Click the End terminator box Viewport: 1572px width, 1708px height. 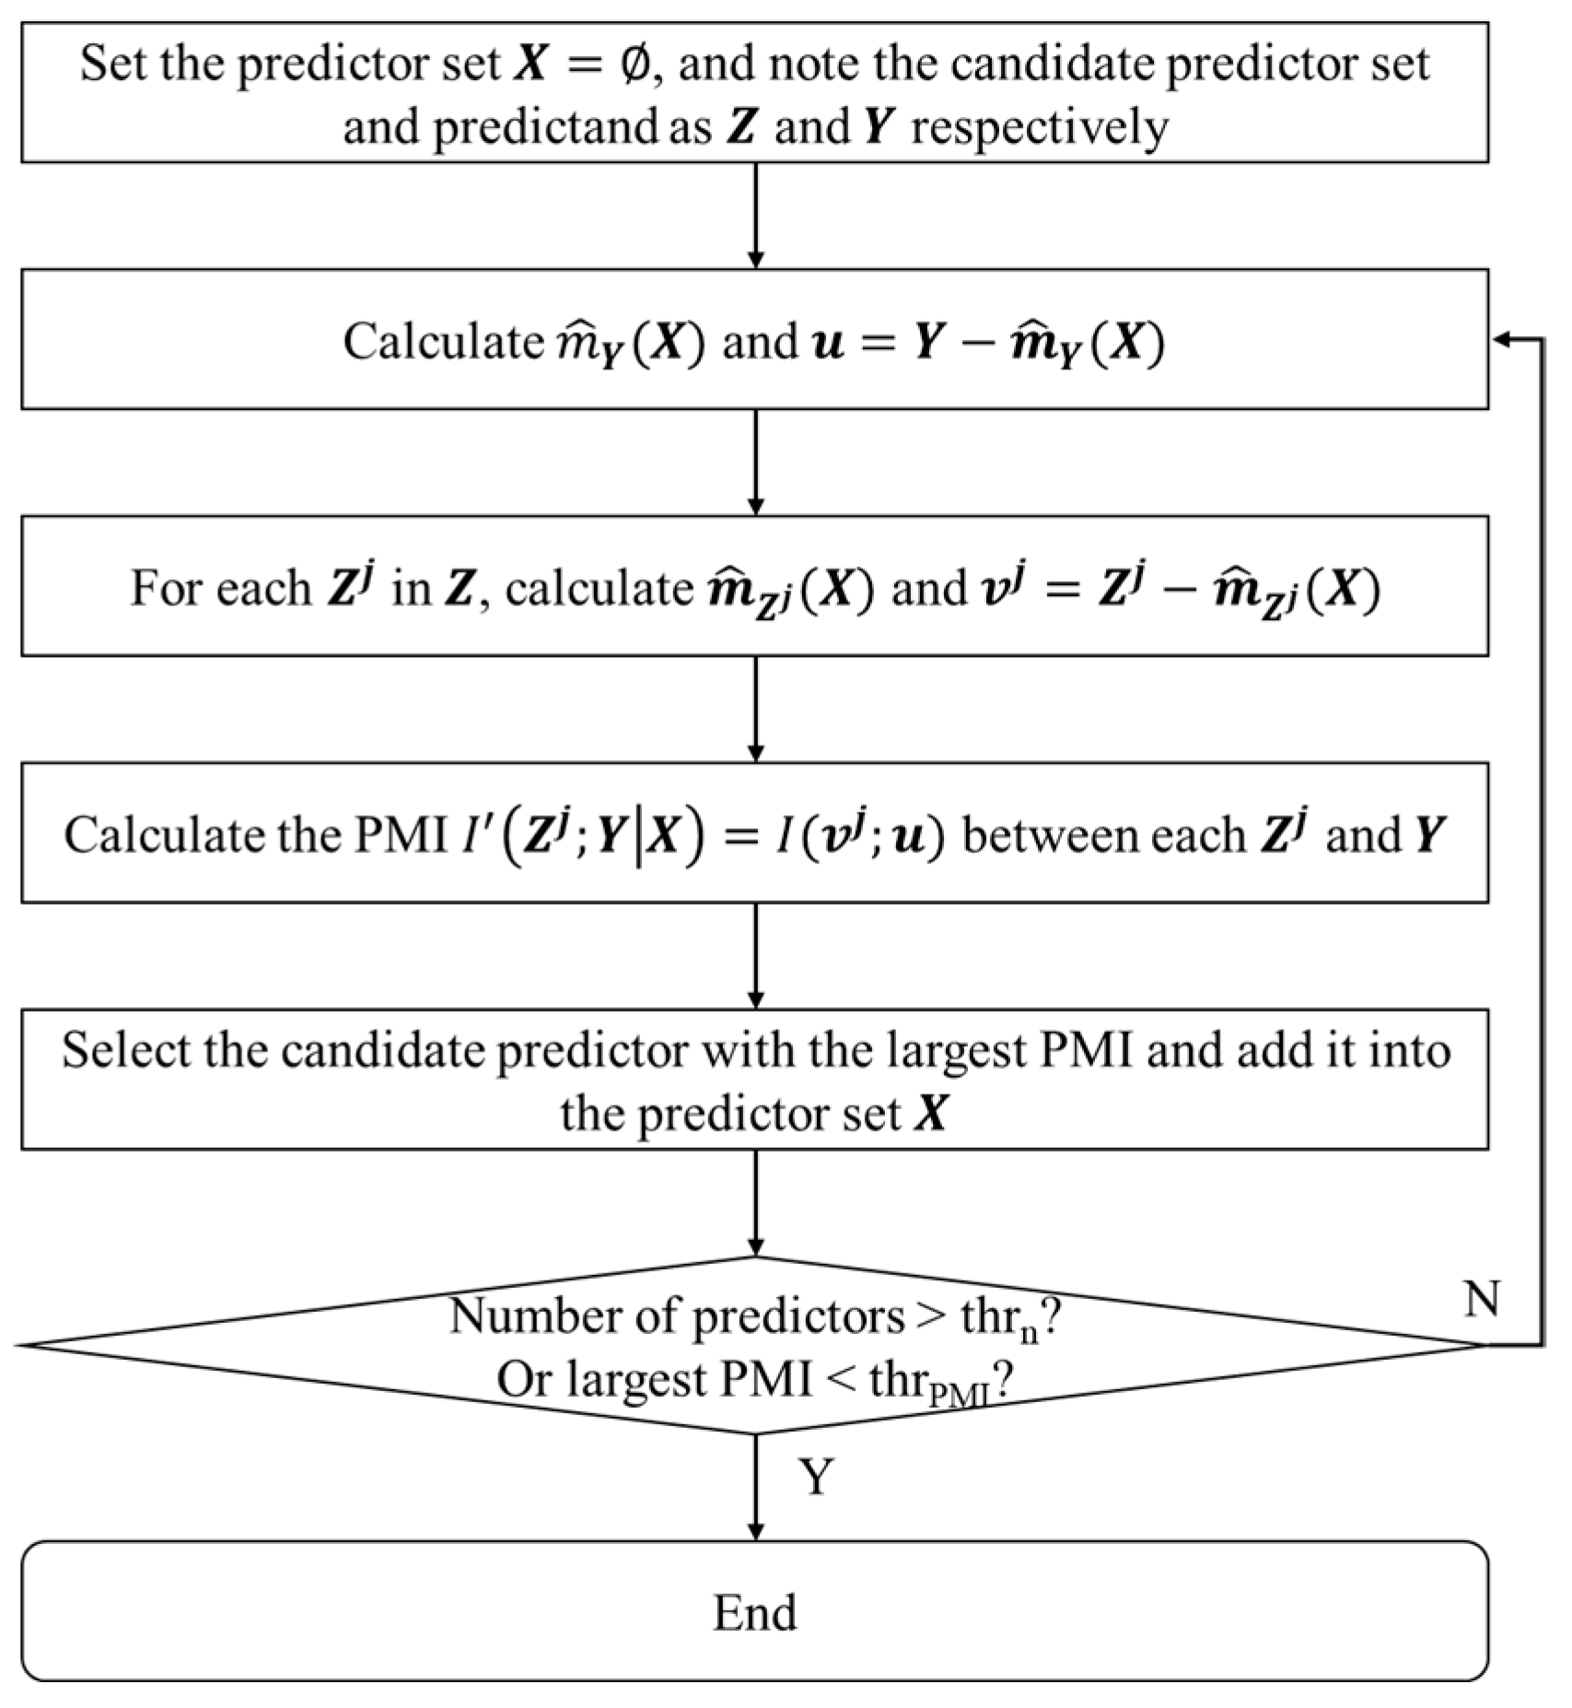pos(754,1611)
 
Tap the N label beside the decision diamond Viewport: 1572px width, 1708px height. pos(1481,1299)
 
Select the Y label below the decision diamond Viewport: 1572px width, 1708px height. pos(816,1477)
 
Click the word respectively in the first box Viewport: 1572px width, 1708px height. pos(1040,127)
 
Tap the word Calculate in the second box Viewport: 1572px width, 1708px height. pos(443,342)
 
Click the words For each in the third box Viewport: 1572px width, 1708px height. pos(220,588)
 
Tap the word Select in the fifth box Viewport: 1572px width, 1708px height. pos(125,1050)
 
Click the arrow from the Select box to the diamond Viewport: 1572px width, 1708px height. pos(755,1202)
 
